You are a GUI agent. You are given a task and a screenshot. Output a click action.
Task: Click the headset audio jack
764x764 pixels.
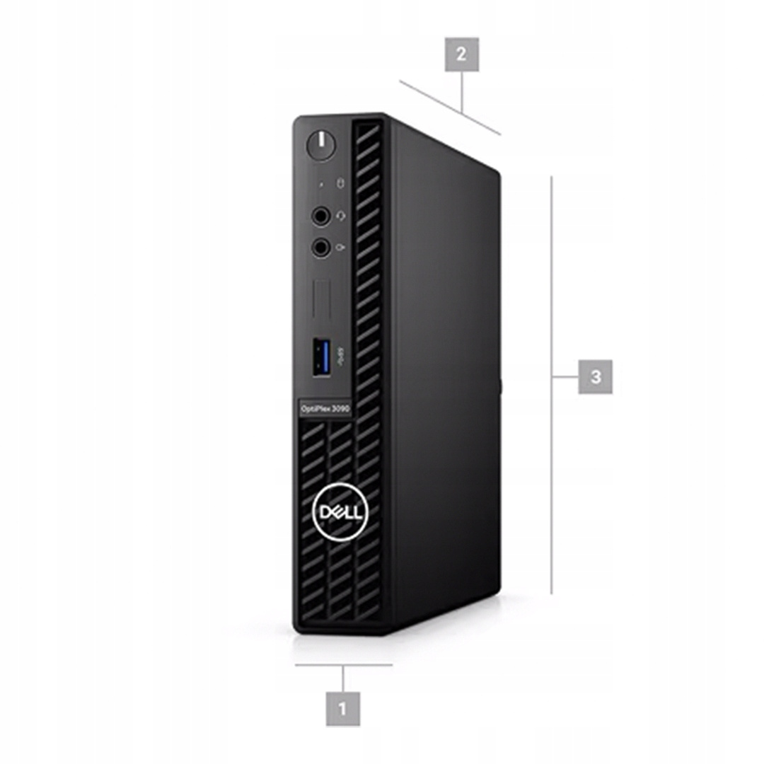coord(320,215)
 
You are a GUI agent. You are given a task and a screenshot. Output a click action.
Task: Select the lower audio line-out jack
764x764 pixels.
coord(320,248)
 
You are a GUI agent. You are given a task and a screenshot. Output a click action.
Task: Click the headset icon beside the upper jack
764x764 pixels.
coord(341,215)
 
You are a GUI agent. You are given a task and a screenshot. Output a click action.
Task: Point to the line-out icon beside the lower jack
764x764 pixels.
coord(340,248)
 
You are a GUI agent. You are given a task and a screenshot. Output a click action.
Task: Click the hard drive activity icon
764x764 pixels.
coord(340,183)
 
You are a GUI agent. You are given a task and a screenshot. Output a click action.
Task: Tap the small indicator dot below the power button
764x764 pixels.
coord(320,185)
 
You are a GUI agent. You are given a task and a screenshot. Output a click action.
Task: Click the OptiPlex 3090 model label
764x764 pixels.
coord(325,409)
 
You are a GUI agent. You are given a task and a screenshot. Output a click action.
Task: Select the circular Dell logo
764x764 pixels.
coord(340,512)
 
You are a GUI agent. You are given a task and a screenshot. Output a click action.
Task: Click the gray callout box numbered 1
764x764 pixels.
coord(343,708)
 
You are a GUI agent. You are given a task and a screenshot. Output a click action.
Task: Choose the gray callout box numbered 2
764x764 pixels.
coord(461,54)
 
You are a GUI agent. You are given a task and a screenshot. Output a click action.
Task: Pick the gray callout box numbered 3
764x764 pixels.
coord(596,376)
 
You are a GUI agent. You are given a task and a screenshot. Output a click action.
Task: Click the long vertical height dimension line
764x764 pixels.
coord(552,385)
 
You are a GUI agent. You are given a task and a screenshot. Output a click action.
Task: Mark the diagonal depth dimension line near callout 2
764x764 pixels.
coord(450,108)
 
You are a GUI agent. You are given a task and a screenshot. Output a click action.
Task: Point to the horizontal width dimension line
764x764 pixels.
coord(344,664)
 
